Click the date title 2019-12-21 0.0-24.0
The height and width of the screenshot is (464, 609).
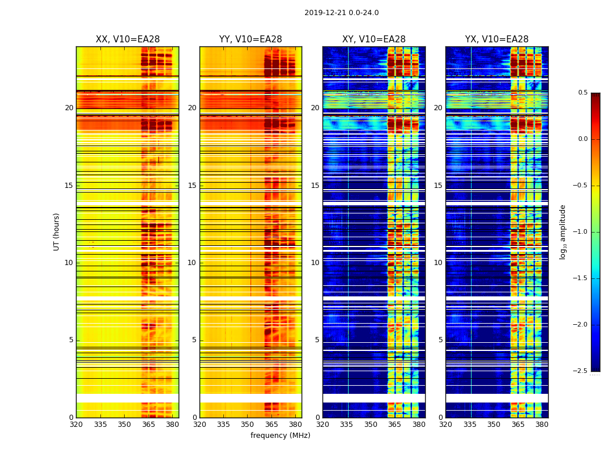point(341,13)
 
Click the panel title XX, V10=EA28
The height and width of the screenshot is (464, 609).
point(128,39)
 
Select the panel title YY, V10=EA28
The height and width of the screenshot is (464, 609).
point(251,39)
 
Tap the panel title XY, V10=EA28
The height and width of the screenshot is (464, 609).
point(374,39)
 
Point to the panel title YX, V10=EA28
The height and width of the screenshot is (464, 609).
point(496,39)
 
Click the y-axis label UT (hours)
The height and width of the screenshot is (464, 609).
point(56,231)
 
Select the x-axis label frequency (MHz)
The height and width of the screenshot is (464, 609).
point(280,436)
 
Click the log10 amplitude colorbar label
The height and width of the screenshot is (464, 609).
point(563,231)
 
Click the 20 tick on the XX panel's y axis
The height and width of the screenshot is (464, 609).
point(69,108)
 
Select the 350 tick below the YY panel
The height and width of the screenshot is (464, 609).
point(248,425)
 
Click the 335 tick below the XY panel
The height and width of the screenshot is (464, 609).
point(346,425)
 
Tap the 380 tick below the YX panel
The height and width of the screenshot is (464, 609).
point(542,425)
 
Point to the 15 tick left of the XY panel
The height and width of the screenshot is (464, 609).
point(315,186)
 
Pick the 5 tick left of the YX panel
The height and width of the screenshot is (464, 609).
point(440,340)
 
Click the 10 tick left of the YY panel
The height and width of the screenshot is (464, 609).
point(192,263)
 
